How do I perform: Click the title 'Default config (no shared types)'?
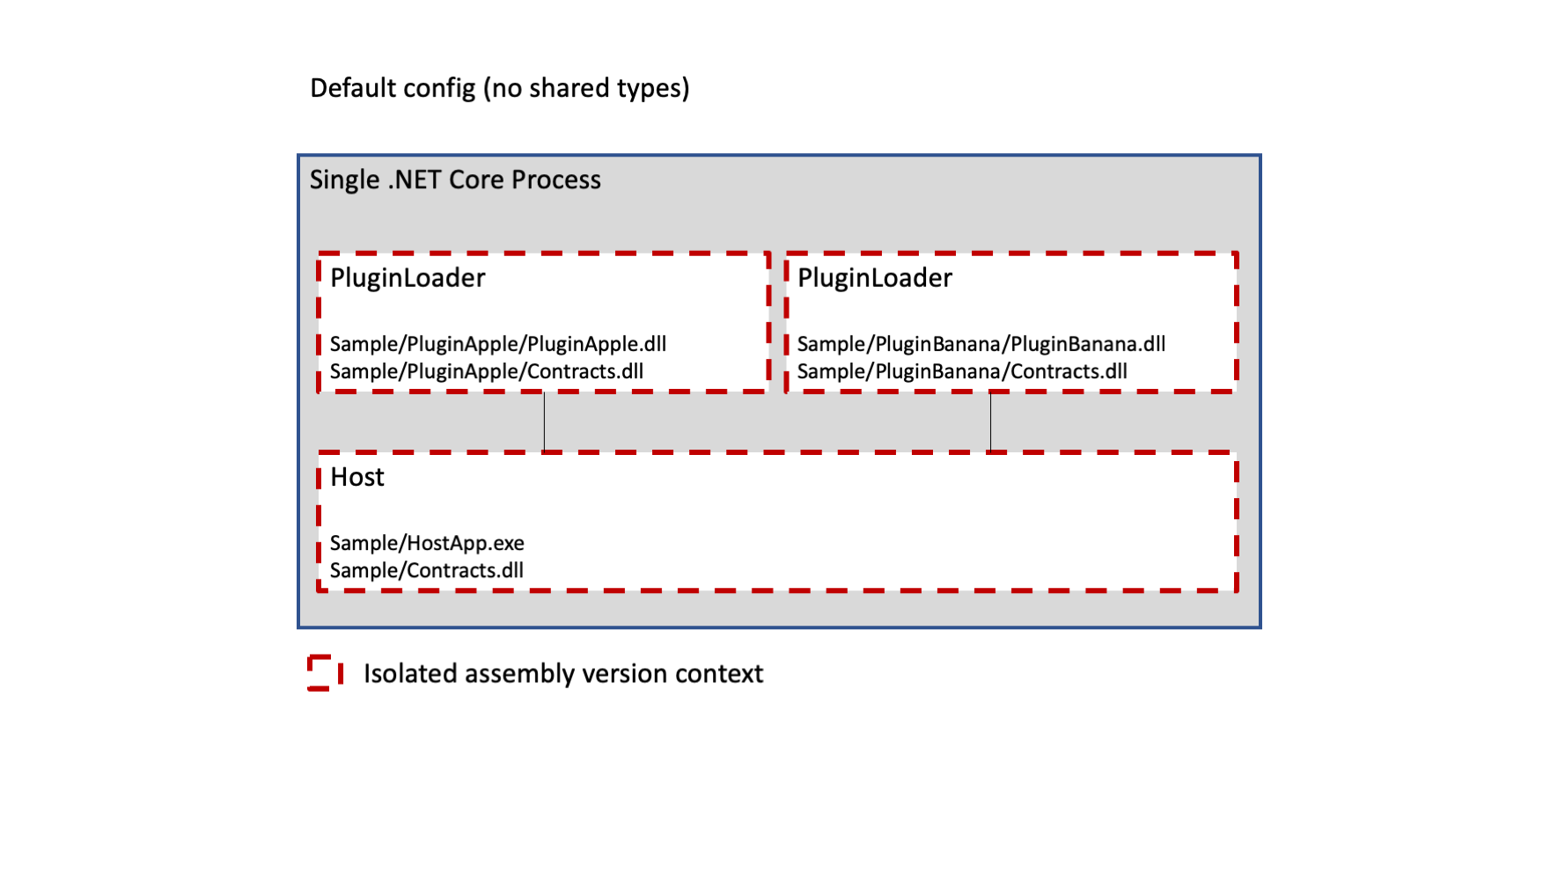click(500, 88)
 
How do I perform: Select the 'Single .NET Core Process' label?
click(455, 180)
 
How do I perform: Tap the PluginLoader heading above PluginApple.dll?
click(408, 278)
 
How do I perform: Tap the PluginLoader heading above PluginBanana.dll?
click(875, 278)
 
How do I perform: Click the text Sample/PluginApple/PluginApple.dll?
click(498, 344)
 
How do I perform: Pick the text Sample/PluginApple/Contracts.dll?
click(487, 371)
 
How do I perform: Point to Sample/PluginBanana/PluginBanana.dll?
click(981, 344)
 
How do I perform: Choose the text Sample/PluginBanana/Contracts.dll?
click(962, 371)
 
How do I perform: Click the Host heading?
click(357, 477)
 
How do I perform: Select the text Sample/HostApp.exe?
click(427, 543)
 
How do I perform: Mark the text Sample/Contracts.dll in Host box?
click(427, 570)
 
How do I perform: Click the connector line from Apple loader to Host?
click(544, 422)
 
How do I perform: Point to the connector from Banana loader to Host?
click(990, 422)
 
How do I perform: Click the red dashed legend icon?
click(326, 673)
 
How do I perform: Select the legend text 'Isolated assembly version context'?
click(563, 674)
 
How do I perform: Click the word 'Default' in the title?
click(349, 88)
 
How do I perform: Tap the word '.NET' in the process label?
click(415, 180)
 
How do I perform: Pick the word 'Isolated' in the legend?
click(411, 673)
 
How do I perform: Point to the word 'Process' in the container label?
click(556, 180)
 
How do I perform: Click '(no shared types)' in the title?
click(587, 88)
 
